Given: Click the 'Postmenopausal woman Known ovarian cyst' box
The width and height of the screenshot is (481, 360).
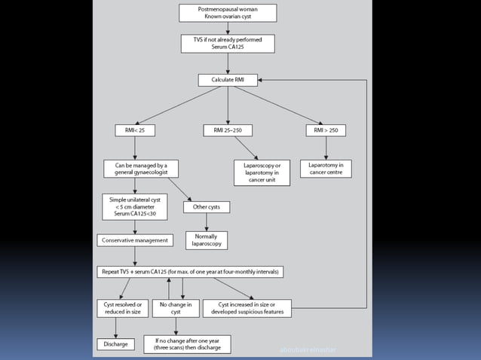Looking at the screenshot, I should (228, 14).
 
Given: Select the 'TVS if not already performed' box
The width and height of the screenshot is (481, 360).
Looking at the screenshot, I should (228, 43).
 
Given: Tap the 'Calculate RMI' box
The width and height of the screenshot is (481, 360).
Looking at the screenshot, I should (228, 79).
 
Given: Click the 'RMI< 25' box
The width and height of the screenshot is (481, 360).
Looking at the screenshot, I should (135, 130).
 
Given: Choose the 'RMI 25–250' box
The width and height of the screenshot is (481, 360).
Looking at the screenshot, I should (228, 130).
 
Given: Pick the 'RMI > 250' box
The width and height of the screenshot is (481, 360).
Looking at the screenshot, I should (326, 130).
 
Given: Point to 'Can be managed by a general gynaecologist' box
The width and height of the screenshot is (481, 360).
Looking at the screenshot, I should (135, 168).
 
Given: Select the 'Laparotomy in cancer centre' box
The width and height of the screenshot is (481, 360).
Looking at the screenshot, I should (326, 168).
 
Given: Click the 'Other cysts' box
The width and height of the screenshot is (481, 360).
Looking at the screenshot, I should (206, 206).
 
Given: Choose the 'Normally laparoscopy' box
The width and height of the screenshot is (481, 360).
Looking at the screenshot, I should (206, 239).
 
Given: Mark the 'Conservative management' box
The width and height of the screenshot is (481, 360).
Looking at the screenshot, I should (135, 241).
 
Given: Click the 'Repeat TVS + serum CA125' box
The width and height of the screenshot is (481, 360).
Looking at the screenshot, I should (190, 271).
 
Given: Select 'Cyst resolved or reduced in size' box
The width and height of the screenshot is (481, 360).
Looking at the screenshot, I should (120, 307).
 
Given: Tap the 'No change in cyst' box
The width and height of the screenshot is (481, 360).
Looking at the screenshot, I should (176, 307).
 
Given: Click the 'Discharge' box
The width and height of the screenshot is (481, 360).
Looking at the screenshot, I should (115, 344).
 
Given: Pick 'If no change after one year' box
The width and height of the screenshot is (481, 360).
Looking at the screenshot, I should (187, 344).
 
